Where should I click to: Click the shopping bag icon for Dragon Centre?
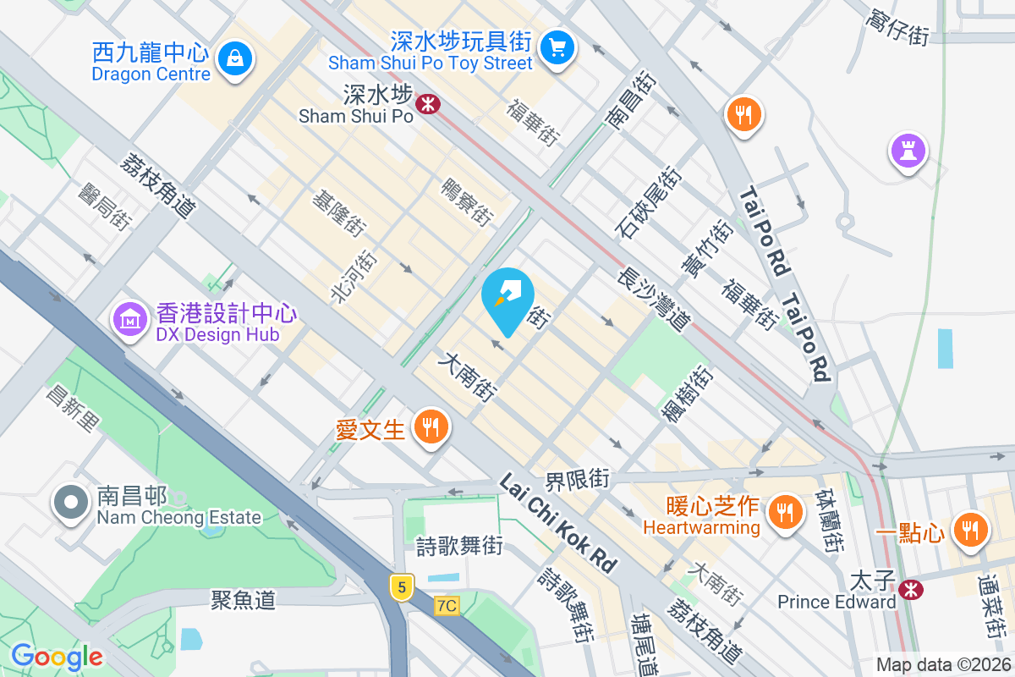pos(232,58)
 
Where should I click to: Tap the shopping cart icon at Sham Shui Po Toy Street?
pos(557,46)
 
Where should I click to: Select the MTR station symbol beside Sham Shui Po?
pos(430,104)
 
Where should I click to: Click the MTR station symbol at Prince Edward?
pos(911,587)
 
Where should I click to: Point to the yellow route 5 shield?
pos(402,586)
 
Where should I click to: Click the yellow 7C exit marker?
pos(447,606)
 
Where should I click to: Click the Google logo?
pos(58,656)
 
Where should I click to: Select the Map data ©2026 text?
pos(942,665)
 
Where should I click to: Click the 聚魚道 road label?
pos(244,600)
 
